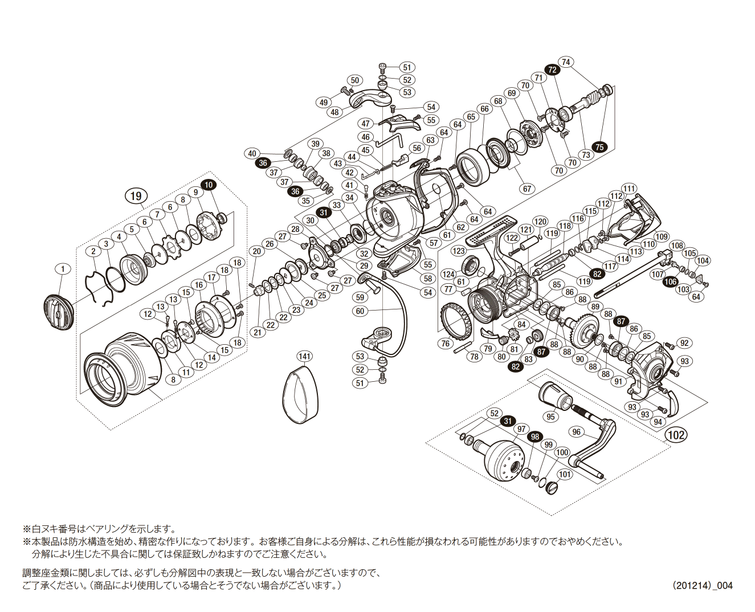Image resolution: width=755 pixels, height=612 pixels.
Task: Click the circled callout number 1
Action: (x=63, y=268)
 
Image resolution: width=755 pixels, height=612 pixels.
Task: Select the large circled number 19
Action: (x=135, y=197)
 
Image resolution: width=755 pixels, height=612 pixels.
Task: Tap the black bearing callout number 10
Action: (x=209, y=185)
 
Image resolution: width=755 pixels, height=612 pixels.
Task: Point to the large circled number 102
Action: (x=676, y=435)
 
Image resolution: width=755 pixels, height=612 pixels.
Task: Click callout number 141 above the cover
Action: (x=305, y=357)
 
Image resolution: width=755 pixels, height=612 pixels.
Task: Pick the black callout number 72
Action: (x=552, y=70)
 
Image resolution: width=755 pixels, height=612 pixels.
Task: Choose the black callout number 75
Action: (x=599, y=146)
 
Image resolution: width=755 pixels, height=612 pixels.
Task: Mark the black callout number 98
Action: (x=534, y=437)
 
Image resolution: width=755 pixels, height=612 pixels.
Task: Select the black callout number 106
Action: (x=671, y=281)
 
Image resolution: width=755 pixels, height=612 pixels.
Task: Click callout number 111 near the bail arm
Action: (x=629, y=189)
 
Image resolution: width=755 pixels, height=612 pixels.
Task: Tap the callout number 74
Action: (x=566, y=62)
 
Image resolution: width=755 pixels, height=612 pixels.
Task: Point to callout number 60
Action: (x=360, y=311)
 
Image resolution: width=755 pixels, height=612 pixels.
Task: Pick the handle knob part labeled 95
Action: (x=556, y=395)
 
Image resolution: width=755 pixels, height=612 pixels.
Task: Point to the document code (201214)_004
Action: (x=702, y=585)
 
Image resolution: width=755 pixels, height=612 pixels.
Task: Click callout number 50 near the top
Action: (x=355, y=80)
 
